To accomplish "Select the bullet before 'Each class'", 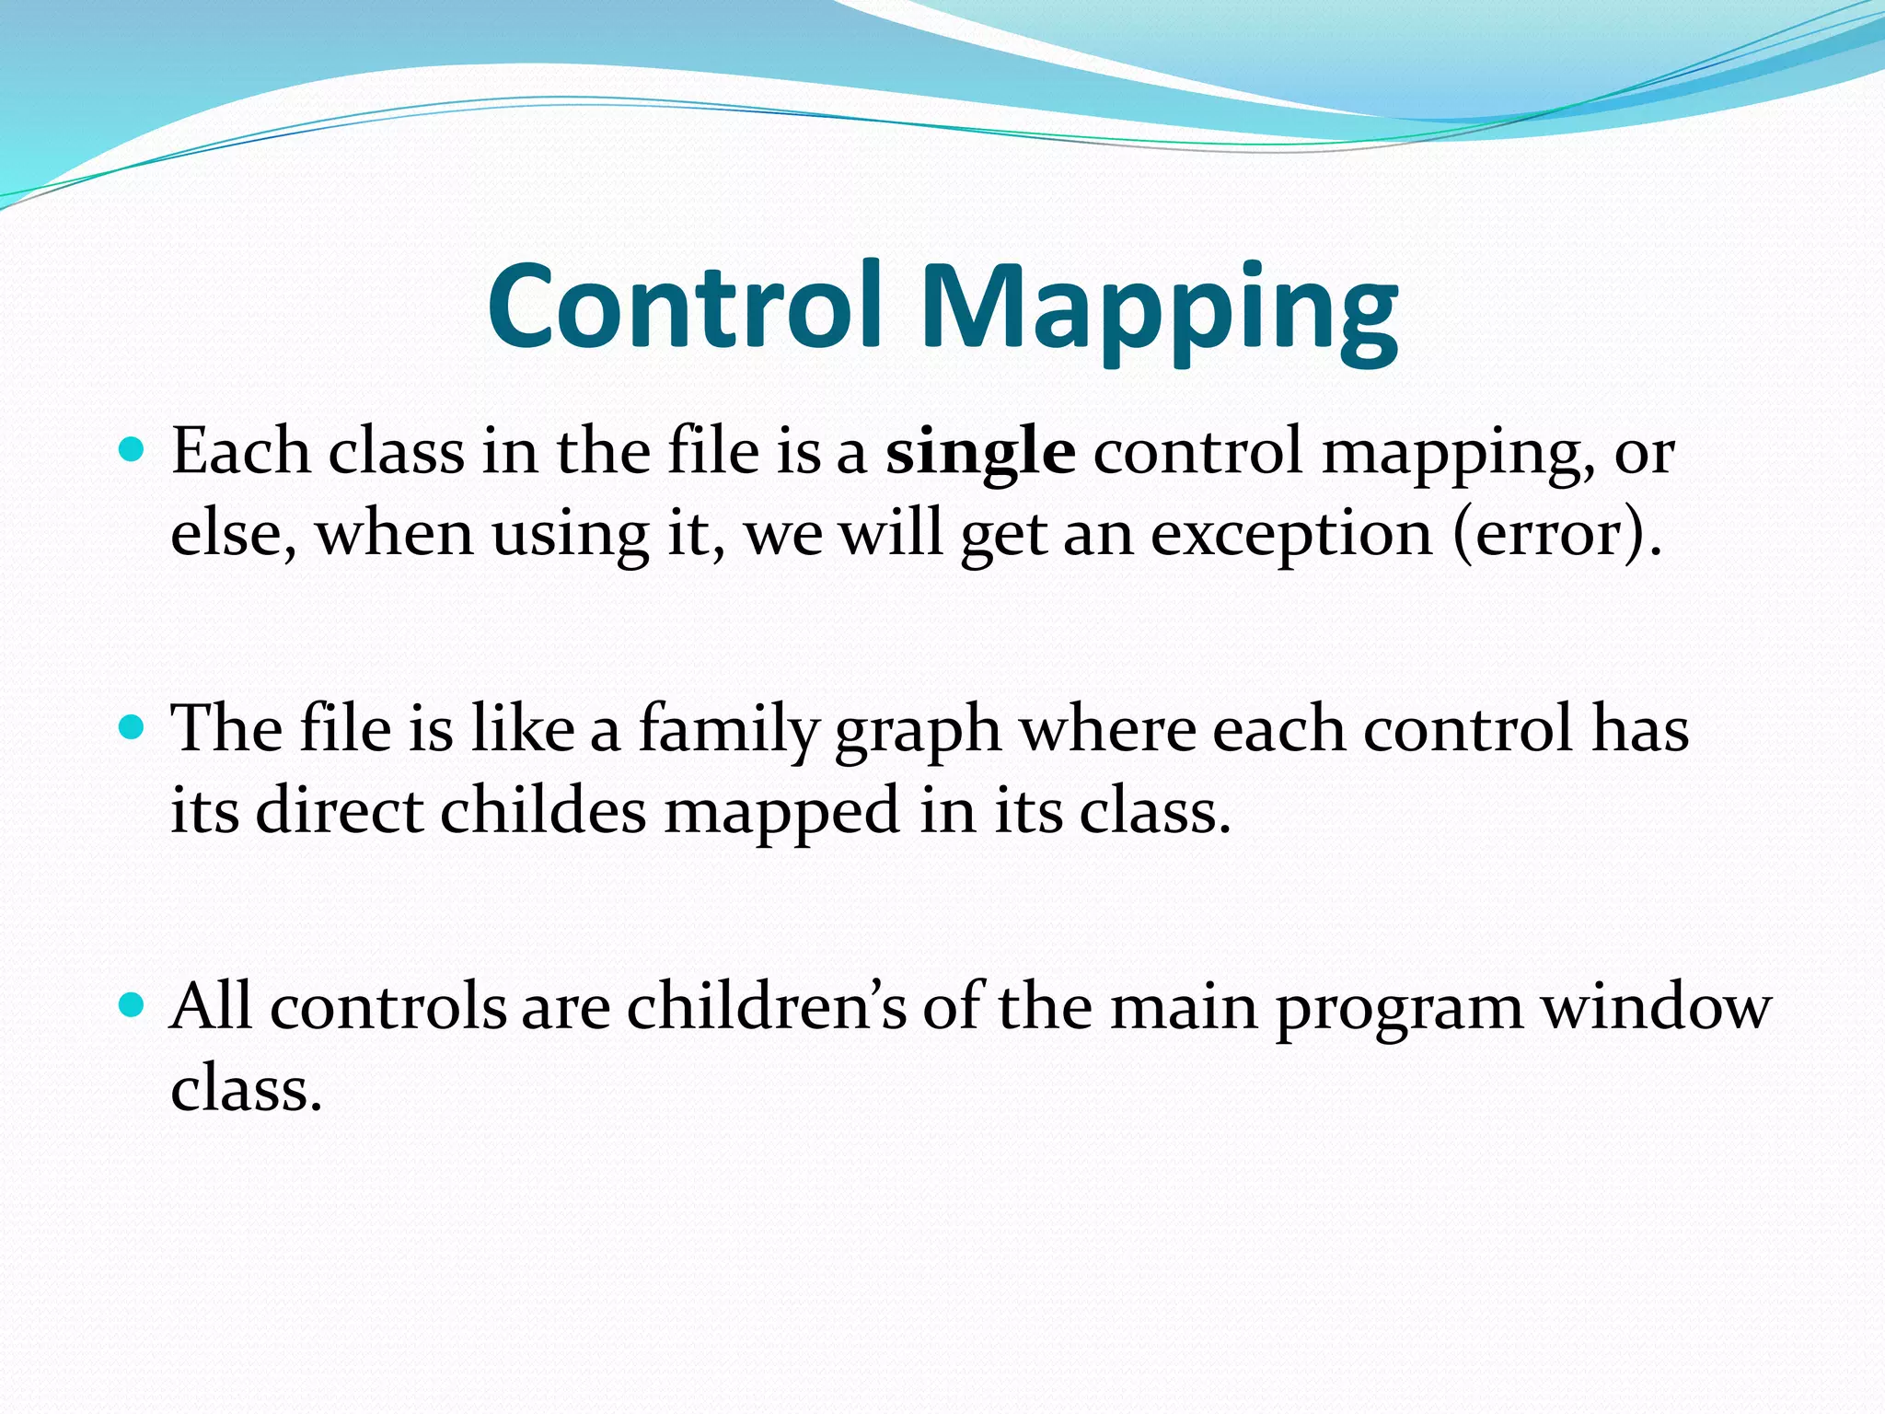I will [x=133, y=450].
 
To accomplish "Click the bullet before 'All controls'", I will [x=133, y=1004].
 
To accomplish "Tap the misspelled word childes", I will [x=543, y=812].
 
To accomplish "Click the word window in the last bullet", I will [x=1656, y=1008].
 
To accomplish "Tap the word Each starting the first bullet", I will [x=241, y=452].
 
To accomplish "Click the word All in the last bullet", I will [x=211, y=1006].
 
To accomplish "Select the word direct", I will [x=339, y=812].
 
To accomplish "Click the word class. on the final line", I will [x=246, y=1090].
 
